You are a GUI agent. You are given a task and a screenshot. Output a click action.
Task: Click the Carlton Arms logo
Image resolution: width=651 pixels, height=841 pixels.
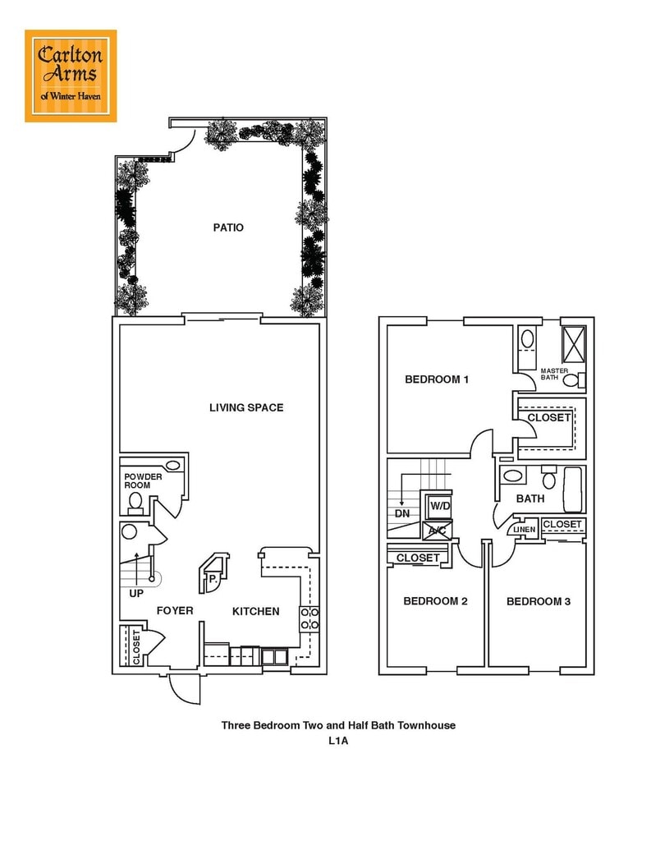click(x=71, y=76)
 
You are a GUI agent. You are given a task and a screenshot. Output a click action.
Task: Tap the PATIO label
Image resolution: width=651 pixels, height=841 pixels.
click(x=228, y=227)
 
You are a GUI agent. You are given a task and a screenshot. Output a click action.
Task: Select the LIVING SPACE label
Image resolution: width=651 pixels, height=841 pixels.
click(x=246, y=407)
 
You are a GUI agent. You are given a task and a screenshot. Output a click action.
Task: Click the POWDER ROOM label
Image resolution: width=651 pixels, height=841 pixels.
click(x=143, y=481)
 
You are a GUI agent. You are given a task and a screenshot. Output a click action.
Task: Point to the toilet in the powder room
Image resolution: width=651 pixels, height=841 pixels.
click(x=135, y=502)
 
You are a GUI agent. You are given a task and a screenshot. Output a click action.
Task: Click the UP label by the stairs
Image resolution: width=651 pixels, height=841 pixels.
click(x=136, y=592)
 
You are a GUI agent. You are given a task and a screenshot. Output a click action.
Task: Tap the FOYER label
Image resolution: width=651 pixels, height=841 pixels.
click(x=175, y=611)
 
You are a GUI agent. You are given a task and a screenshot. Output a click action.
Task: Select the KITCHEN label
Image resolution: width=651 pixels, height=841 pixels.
click(x=255, y=612)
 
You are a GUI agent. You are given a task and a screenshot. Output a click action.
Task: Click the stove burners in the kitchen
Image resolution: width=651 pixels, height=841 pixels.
click(x=309, y=618)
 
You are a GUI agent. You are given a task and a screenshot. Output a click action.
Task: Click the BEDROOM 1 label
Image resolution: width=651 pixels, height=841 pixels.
click(x=437, y=379)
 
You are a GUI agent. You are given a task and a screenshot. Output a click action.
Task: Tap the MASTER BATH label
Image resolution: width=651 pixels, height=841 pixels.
click(x=554, y=375)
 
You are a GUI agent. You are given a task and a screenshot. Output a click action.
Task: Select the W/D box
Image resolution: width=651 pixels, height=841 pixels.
click(x=440, y=506)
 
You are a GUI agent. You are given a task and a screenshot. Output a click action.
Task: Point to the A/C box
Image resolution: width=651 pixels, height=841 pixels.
click(x=437, y=531)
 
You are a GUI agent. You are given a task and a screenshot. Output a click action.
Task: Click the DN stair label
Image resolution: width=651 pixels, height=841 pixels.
click(x=402, y=514)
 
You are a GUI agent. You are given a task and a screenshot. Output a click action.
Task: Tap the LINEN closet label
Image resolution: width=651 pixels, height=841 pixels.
click(x=525, y=530)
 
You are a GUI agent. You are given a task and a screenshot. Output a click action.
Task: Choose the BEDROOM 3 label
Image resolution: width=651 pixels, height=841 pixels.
click(x=539, y=602)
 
